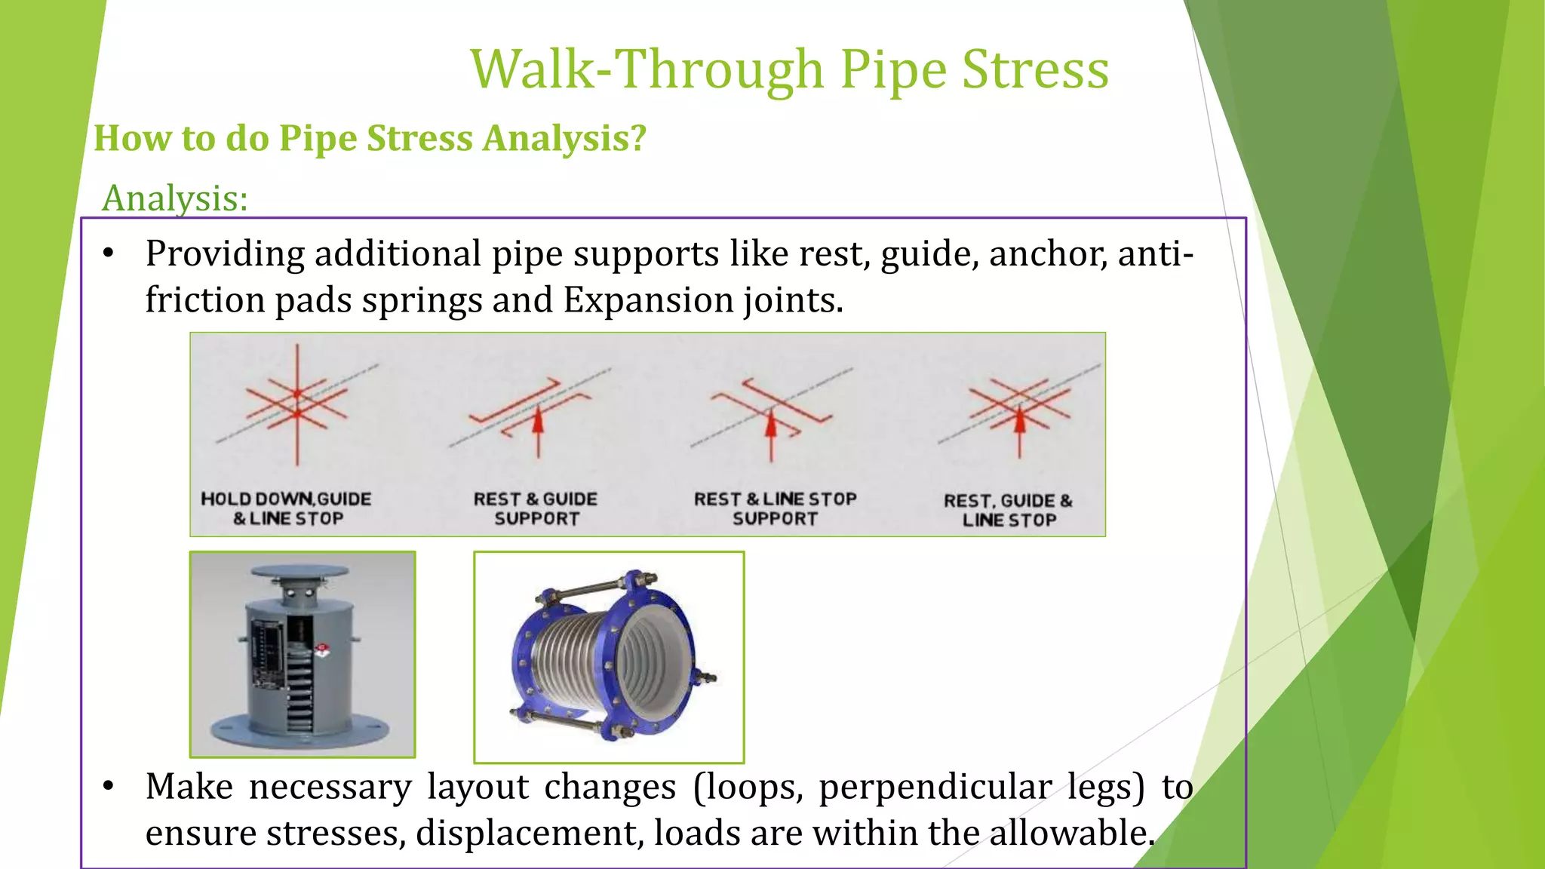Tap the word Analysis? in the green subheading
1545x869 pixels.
click(564, 138)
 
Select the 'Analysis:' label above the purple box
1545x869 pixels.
click(175, 198)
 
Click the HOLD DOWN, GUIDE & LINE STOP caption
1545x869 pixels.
click(287, 508)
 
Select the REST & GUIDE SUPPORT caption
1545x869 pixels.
click(536, 508)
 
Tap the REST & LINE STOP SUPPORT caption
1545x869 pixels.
click(775, 508)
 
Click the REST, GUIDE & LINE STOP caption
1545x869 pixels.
click(1008, 510)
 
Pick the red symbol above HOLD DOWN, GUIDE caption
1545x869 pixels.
click(297, 404)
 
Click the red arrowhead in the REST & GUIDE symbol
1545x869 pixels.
click(538, 419)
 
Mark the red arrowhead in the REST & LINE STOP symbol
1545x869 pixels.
click(771, 425)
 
